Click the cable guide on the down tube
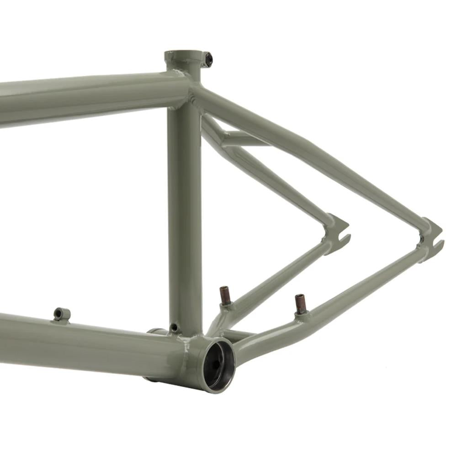click(61, 314)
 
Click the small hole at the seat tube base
click(174, 327)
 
